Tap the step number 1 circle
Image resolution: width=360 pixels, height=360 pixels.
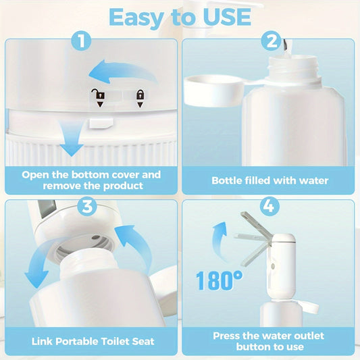coord(82,42)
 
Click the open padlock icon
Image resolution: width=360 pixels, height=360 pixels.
coord(98,97)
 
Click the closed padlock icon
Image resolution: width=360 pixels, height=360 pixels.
coord(140,96)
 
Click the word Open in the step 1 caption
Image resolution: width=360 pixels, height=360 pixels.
coord(34,175)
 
